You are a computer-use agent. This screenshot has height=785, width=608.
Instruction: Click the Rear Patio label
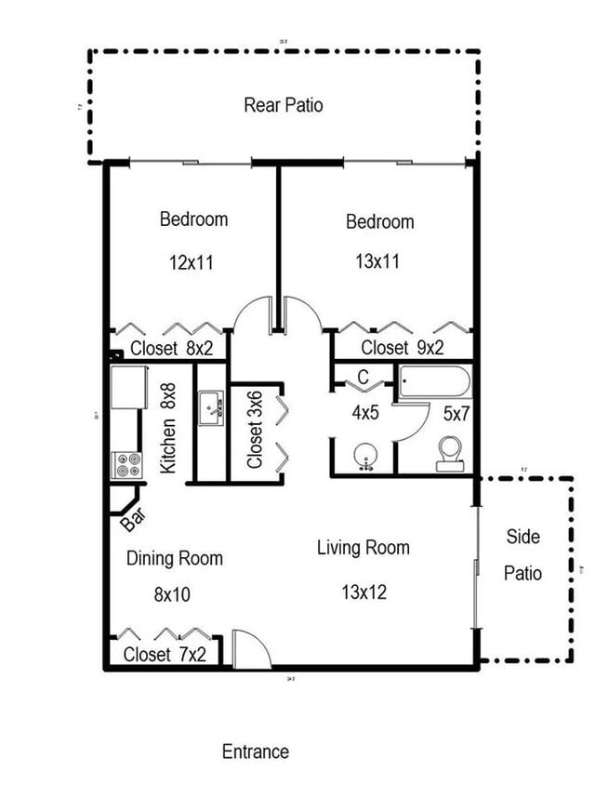[284, 104]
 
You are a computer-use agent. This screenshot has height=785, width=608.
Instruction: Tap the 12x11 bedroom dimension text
[192, 262]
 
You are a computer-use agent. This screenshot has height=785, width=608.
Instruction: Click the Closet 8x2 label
[171, 349]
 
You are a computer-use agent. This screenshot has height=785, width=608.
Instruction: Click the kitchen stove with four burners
[126, 464]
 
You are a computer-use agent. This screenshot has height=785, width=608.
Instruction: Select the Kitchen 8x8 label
[168, 429]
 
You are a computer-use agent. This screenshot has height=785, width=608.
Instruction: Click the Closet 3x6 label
[255, 432]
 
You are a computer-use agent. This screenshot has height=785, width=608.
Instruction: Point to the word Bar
[133, 519]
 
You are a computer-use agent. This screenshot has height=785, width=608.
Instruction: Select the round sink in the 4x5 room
[364, 457]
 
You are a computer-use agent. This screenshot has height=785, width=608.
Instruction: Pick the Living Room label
[363, 547]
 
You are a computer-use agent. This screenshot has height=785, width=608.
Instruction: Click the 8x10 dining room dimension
[171, 593]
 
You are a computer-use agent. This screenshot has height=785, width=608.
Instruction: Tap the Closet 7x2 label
[165, 654]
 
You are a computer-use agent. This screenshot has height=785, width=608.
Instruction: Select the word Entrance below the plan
[256, 752]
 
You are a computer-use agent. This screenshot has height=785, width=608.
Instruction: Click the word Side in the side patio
[522, 537]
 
